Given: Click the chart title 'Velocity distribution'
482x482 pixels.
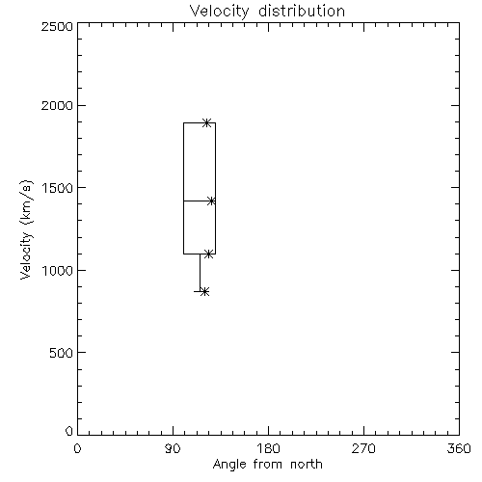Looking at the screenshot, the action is (267, 12).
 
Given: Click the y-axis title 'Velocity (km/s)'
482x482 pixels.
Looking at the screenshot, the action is (26, 229).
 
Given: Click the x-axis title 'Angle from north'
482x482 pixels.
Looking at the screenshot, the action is (267, 465).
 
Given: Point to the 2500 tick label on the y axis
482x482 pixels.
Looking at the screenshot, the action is (57, 26).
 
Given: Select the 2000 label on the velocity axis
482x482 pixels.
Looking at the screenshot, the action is (57, 105).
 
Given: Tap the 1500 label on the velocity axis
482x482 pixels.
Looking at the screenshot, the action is (58, 188).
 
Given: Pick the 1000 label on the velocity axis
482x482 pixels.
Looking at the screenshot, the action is (58, 270).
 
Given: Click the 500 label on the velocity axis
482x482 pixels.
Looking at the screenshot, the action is (62, 353).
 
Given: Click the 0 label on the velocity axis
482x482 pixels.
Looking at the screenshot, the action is (69, 431).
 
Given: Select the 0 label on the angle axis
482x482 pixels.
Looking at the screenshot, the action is (77, 448).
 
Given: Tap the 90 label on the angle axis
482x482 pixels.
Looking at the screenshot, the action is (173, 448).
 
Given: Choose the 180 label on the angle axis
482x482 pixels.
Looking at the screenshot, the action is (268, 448).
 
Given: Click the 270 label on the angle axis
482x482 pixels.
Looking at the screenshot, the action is (363, 448).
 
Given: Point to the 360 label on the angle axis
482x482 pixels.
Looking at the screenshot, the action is (459, 448).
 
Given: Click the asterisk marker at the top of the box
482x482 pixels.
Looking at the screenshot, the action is (207, 122).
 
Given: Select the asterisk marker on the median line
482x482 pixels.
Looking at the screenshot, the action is (211, 201).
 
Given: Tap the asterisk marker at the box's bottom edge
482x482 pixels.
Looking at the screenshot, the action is (209, 254).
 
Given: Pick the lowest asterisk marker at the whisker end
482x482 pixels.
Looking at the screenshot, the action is (205, 292).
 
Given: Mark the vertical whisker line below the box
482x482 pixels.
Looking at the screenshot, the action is (200, 273).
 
